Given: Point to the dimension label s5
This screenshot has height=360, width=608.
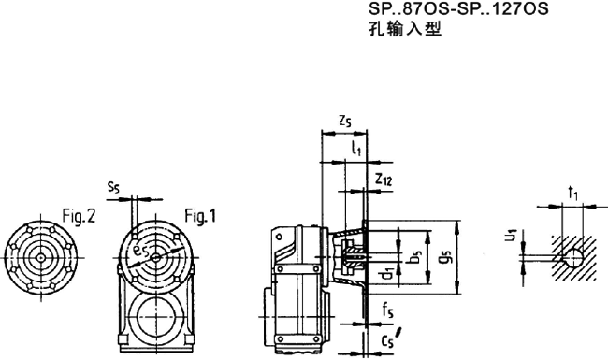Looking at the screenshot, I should click(x=113, y=188).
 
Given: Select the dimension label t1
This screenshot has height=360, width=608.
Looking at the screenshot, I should click(x=572, y=194).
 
